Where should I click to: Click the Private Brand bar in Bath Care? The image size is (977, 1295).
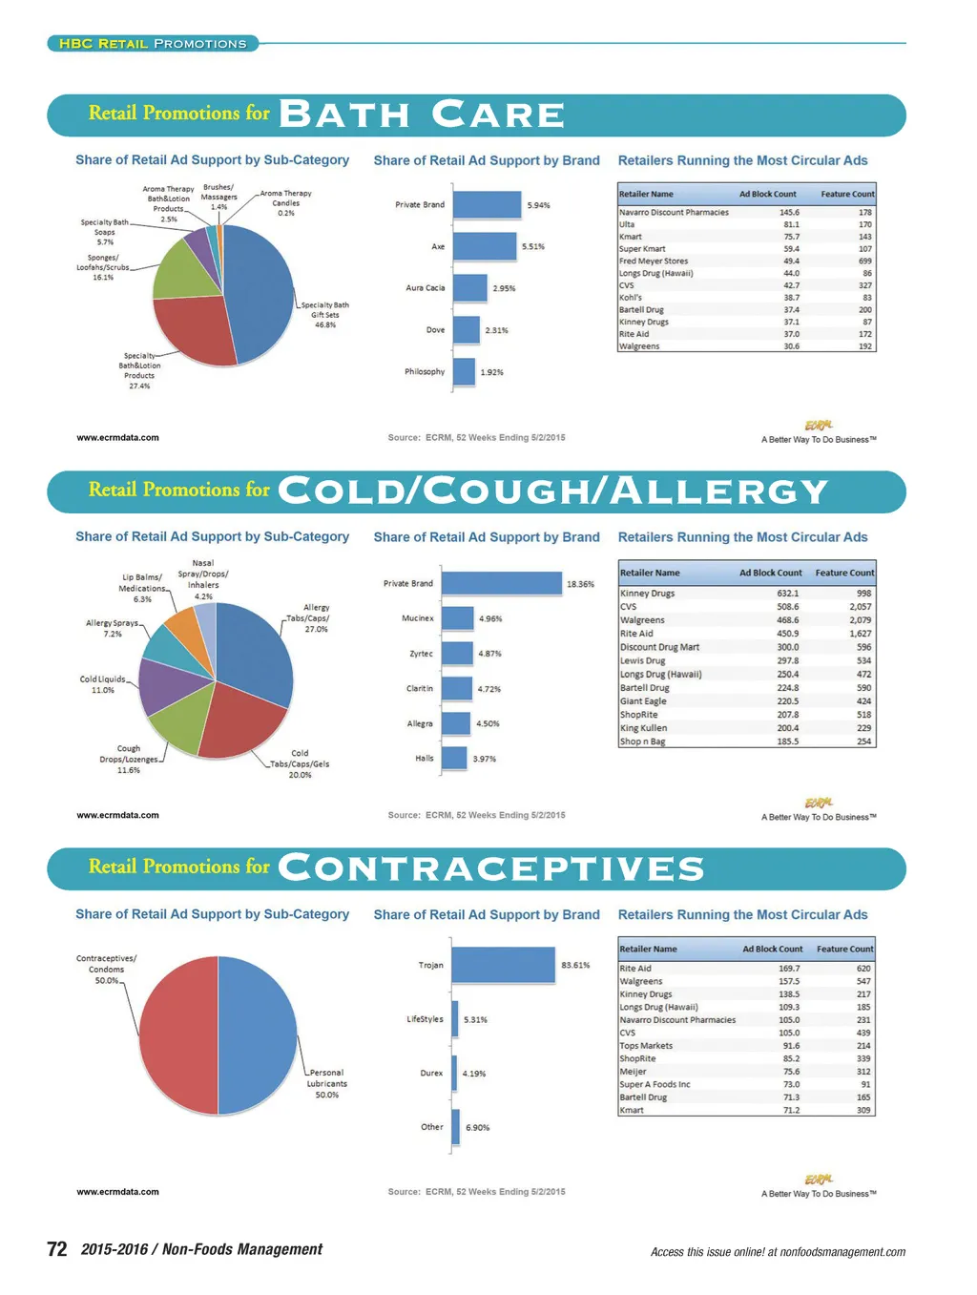487,204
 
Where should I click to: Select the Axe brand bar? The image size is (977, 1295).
484,246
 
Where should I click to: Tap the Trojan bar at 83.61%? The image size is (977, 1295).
503,965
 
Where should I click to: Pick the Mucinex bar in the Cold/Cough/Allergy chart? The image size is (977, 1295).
458,618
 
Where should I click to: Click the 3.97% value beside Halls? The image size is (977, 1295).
485,759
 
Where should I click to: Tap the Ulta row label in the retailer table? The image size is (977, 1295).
627,224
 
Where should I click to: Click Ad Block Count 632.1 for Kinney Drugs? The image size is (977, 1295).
787,593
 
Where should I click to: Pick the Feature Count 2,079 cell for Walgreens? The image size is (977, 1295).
860,619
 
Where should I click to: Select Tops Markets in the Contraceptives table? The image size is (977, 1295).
646,1046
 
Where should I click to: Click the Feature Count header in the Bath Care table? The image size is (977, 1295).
847,194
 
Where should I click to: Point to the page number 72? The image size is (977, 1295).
57,1249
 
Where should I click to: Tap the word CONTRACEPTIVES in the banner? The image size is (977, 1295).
490,868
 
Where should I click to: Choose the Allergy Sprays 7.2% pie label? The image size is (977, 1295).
112,628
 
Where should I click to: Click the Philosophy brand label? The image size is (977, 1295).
425,371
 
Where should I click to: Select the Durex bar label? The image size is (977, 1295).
431,1073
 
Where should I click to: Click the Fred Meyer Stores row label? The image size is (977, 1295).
654,261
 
